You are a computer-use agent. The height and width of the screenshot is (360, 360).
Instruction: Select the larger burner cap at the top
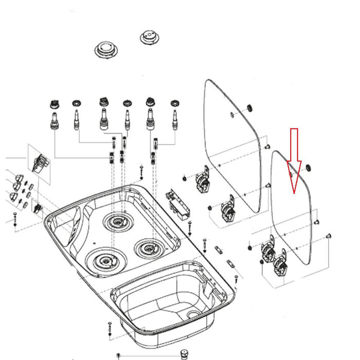(x=107, y=50)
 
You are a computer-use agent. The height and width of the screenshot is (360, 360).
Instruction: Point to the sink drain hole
(x=193, y=314)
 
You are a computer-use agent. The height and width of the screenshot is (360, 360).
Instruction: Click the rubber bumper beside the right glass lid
(x=309, y=168)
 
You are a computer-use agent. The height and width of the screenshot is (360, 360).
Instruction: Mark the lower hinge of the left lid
(x=227, y=210)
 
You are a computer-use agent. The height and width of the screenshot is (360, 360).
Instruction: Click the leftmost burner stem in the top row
(x=54, y=118)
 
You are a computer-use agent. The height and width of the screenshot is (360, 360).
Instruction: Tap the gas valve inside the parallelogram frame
(x=39, y=164)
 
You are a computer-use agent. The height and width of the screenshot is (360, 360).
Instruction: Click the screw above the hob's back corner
(x=141, y=170)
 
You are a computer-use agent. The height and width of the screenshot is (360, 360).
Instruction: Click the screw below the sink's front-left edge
(x=109, y=326)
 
